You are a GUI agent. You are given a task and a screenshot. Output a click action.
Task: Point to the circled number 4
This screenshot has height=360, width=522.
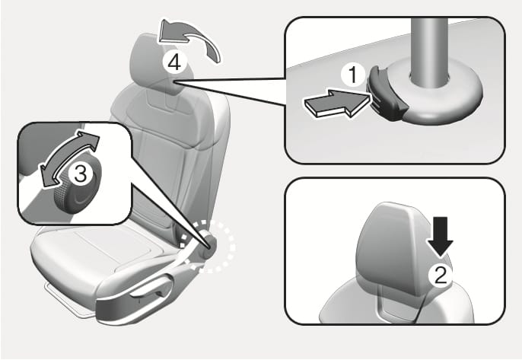174,62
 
